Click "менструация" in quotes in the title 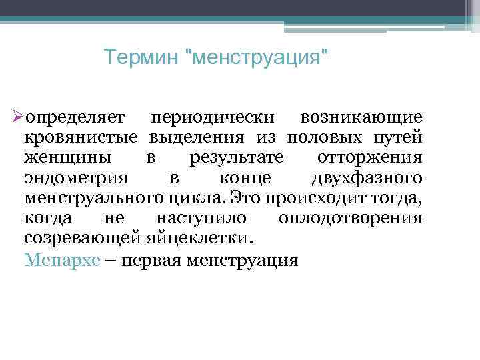pos(255,58)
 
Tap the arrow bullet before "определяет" pos(18,117)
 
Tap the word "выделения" pos(193,138)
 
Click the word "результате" pos(236,158)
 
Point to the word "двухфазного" pos(366,178)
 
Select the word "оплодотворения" pos(351,218)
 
